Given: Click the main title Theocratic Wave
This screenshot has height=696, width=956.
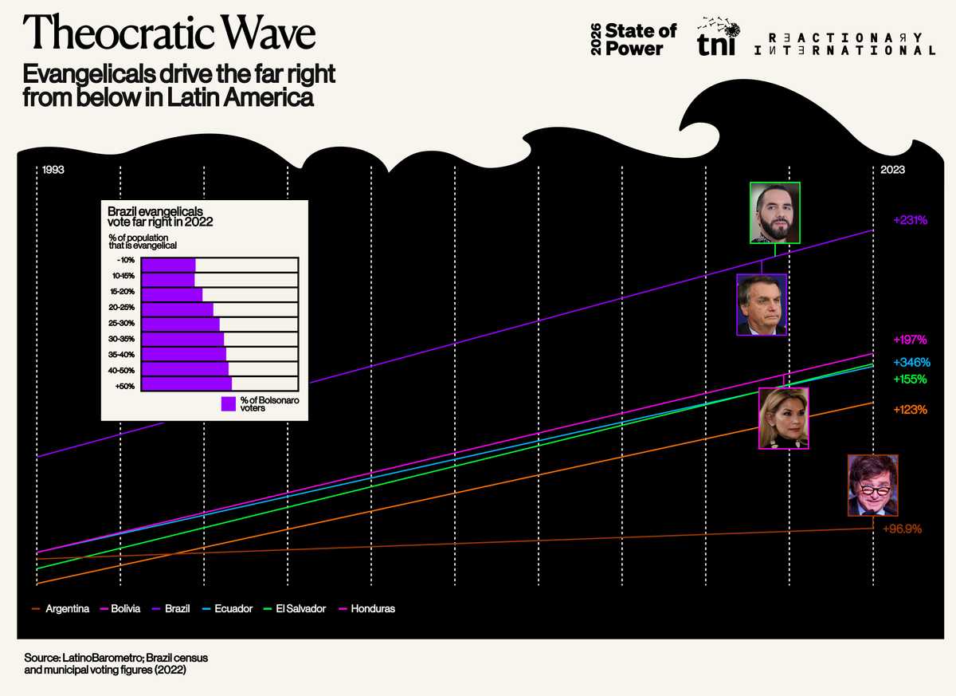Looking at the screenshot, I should tap(170, 33).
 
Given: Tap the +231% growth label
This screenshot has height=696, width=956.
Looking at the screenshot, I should tap(910, 219).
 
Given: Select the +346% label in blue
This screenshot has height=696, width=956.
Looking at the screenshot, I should tap(911, 362).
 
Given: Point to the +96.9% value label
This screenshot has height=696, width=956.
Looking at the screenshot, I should tap(902, 529).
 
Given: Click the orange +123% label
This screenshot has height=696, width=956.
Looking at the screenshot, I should tap(910, 410).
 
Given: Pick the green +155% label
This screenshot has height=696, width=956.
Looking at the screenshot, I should tap(910, 379).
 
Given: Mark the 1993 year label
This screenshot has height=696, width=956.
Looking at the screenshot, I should tap(53, 171).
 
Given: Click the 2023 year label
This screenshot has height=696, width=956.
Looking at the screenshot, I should tap(892, 171).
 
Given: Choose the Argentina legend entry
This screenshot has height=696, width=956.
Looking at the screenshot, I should tap(67, 608).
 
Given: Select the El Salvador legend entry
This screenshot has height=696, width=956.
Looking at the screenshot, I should tap(300, 608).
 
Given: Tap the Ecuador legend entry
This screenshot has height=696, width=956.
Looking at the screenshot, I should tap(233, 608).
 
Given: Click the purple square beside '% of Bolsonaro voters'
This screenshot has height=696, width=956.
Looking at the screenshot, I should tap(229, 403).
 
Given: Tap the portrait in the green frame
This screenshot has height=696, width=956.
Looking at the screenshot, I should tap(774, 212).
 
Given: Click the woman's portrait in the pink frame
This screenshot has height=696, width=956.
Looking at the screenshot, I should tap(783, 419).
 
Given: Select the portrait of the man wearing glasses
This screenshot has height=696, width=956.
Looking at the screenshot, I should tap(872, 485).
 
